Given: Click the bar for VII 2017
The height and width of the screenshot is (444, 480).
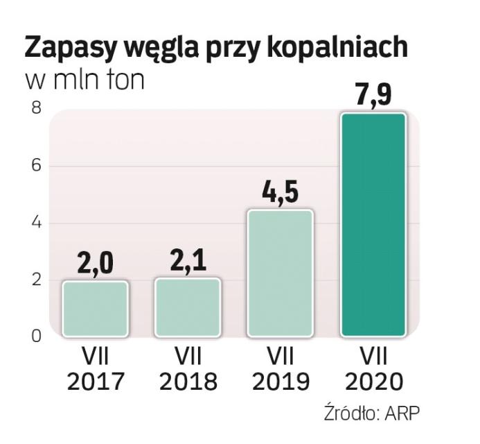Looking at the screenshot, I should tap(95, 309).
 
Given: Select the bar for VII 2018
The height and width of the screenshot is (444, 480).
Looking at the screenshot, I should tap(188, 307).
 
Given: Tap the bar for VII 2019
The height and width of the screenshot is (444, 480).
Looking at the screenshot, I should tap(280, 273).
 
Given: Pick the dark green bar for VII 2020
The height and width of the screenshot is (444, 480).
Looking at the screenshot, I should tap(373, 225).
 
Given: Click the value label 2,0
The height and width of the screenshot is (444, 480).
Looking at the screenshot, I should tap(94, 264).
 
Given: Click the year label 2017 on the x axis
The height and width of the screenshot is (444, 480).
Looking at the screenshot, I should tap(95, 382).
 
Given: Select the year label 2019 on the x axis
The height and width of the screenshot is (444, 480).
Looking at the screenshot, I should tap(280, 382).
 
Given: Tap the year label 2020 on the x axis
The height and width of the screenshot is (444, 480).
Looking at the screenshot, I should tap(373, 382).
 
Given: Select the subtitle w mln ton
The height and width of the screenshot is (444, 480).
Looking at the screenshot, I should tap(85, 80).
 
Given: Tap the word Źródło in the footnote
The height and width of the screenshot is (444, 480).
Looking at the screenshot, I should tap(348, 413).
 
